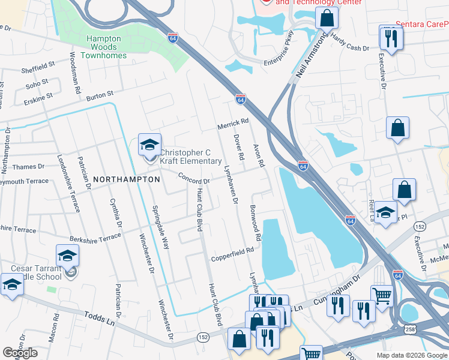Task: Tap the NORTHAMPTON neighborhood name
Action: (x=126, y=179)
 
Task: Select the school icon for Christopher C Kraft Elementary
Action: (x=149, y=145)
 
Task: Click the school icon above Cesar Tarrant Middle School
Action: (x=68, y=256)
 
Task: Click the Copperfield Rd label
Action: (x=232, y=254)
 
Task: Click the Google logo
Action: (x=20, y=353)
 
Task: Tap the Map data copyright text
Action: (x=412, y=355)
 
